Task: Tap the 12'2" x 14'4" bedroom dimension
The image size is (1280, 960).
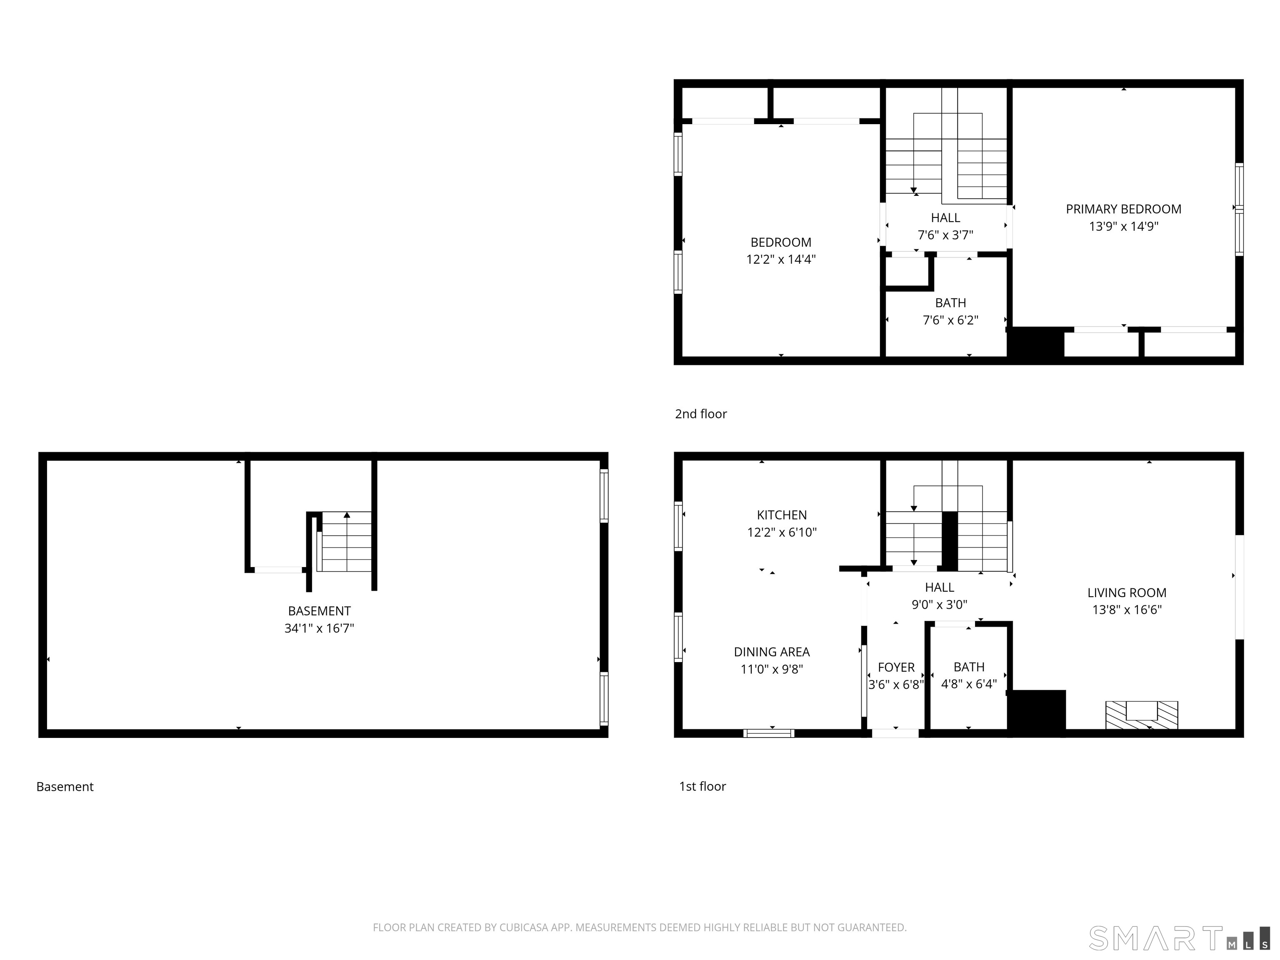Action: coord(780,259)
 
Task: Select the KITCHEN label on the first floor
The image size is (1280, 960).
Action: coord(781,515)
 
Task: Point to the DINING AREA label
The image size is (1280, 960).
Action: coord(771,652)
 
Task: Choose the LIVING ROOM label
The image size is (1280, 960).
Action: coord(1127,592)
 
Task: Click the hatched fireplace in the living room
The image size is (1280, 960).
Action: coord(1141,715)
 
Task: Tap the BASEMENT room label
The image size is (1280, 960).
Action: coord(319,611)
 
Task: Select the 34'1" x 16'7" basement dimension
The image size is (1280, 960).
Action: coord(319,628)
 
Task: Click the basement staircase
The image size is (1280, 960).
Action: coord(346,542)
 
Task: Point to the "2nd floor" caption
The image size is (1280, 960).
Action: coord(701,414)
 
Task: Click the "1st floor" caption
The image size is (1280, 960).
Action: coord(702,786)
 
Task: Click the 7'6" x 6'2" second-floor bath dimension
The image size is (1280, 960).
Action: coord(950,320)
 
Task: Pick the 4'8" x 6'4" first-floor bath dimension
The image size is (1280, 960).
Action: coord(969,684)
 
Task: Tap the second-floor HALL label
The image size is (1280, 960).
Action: coord(945,218)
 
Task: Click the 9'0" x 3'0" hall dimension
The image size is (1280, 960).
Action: coord(939,605)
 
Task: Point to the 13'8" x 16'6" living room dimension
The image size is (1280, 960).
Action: coord(1127,609)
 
